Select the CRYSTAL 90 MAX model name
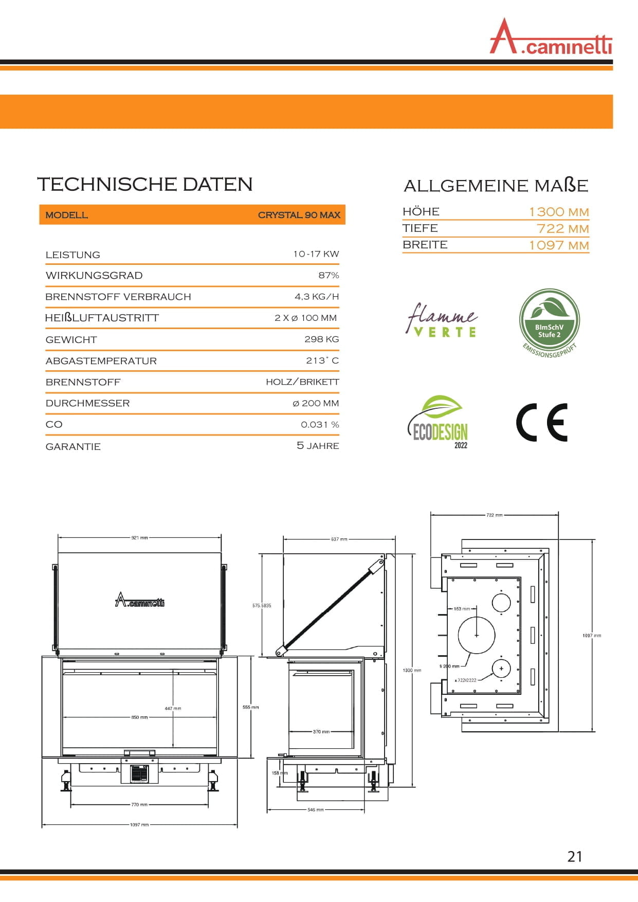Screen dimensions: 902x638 (x=299, y=215)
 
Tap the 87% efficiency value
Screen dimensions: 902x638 (x=329, y=275)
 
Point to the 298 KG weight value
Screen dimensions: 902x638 (x=321, y=339)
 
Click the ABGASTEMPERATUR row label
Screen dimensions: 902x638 (x=101, y=361)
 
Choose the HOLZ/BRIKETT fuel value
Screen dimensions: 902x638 (x=302, y=382)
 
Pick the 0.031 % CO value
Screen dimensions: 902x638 (x=320, y=425)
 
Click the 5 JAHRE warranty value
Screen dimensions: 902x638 (x=318, y=446)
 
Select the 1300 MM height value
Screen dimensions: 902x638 (x=558, y=212)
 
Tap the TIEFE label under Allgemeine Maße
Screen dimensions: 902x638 (x=420, y=228)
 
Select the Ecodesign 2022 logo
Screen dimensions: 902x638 (x=439, y=422)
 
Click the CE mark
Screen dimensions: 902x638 (x=542, y=423)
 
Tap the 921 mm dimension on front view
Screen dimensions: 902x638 (x=139, y=538)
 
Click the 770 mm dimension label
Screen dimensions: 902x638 (x=139, y=805)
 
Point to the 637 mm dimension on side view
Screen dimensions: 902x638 (x=339, y=539)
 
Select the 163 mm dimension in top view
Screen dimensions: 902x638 (x=461, y=609)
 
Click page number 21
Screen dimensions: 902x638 (x=575, y=856)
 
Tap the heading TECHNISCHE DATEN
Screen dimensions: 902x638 (x=144, y=184)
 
